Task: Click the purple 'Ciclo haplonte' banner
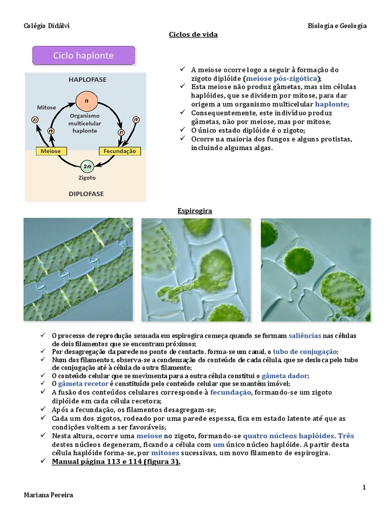(84, 55)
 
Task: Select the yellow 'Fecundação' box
(119, 151)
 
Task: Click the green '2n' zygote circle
(87, 166)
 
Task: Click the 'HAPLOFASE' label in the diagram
(87, 80)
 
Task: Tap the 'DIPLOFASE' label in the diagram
(86, 194)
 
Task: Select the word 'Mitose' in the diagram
(46, 107)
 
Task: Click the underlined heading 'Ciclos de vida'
(193, 35)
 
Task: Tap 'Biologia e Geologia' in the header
(337, 26)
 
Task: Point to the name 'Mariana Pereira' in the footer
(49, 495)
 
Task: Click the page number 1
(364, 487)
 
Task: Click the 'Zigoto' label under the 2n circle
(87, 178)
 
